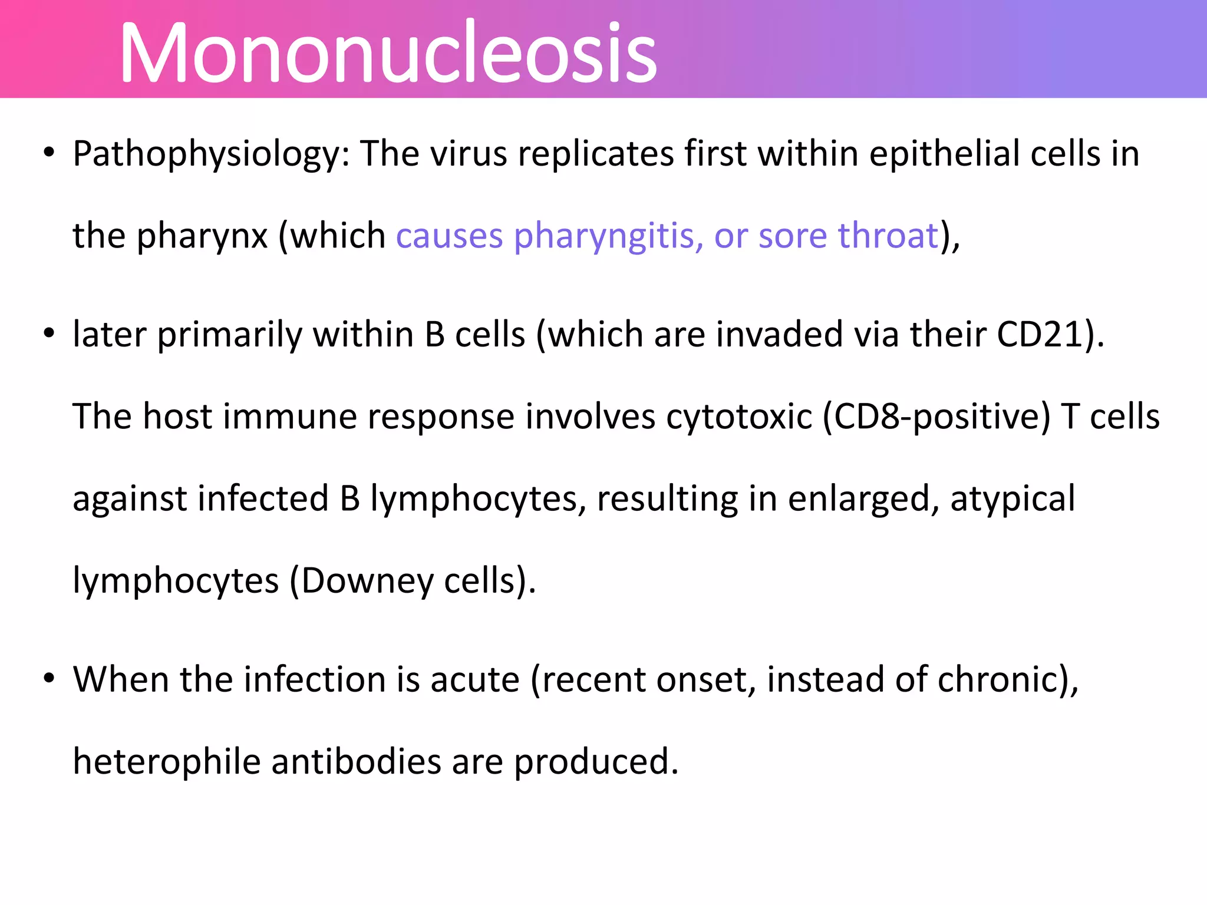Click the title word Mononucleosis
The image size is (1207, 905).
tap(388, 53)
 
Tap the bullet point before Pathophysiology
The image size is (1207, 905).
tap(49, 153)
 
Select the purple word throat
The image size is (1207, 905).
tap(888, 236)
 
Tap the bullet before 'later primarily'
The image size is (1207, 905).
tap(49, 333)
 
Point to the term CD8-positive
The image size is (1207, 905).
tap(936, 417)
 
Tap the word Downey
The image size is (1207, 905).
tap(367, 582)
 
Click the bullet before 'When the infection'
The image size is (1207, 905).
tap(49, 678)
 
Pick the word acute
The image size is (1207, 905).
tap(475, 680)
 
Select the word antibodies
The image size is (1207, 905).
tap(356, 762)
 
